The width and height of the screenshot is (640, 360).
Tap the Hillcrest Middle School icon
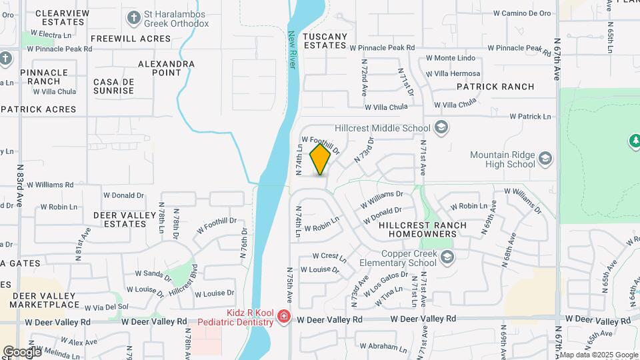pyautogui.click(x=440, y=127)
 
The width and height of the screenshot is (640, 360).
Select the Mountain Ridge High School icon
pyautogui.click(x=545, y=158)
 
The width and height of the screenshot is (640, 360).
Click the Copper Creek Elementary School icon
pyautogui.click(x=447, y=257)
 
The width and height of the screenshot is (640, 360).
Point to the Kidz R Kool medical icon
pyautogui.click(x=284, y=316)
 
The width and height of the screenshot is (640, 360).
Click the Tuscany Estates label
pyautogui.click(x=325, y=41)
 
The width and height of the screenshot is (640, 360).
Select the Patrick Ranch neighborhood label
pyautogui.click(x=495, y=87)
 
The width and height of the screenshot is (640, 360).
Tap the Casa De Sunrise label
pyautogui.click(x=115, y=86)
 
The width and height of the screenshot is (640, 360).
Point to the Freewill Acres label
pyautogui.click(x=132, y=39)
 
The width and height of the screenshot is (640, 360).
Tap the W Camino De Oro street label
pyautogui.click(x=522, y=13)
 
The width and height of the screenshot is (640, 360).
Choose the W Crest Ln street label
pyautogui.click(x=329, y=256)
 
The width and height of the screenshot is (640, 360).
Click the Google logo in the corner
pyautogui.click(x=22, y=351)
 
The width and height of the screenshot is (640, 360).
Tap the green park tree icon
pyautogui.click(x=634, y=141)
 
